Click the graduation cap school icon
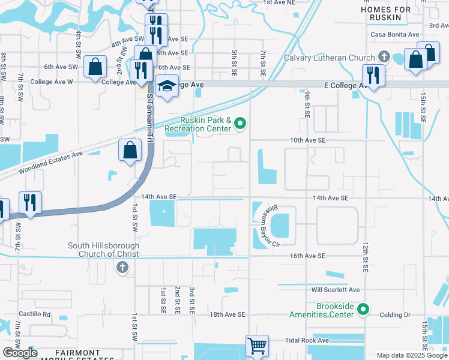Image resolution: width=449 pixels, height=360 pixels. tap(166, 86)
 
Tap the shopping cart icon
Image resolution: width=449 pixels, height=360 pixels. tap(257, 345)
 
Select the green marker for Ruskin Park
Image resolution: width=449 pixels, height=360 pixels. tap(241, 124)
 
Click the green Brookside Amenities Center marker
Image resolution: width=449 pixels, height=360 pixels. tap(363, 310)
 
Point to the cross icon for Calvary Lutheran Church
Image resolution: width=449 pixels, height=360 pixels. tap(384, 58)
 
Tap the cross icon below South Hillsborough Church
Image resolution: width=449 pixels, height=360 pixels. tap(122, 267)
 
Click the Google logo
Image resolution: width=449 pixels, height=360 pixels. tap(20, 353)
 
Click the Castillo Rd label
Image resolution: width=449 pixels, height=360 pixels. tap(34, 314)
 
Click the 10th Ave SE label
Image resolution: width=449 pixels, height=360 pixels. tap(307, 140)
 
